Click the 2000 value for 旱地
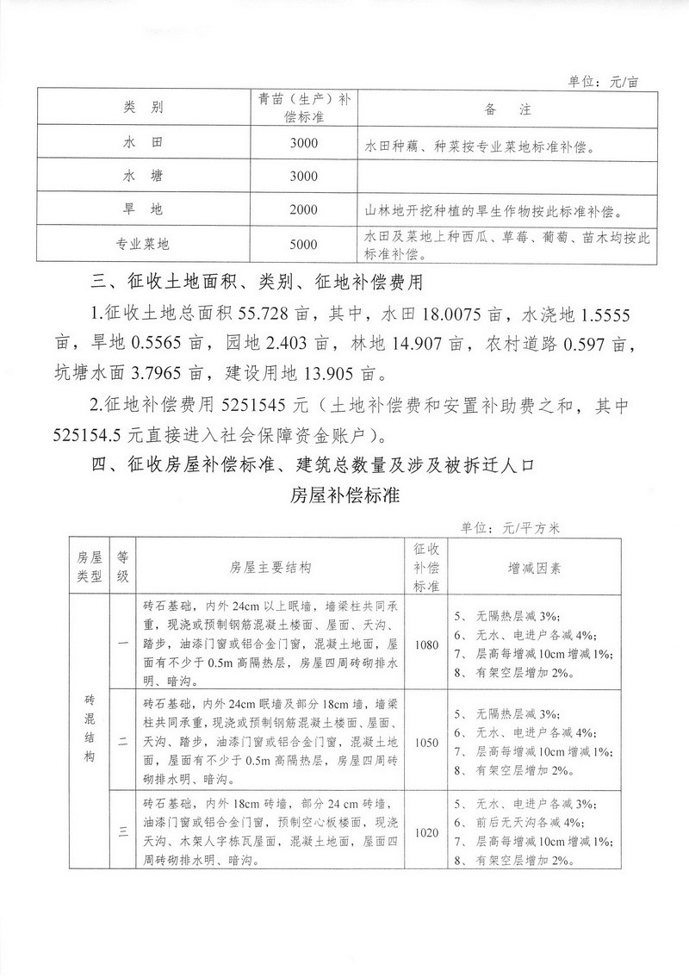point(304,210)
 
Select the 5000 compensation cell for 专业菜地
point(304,245)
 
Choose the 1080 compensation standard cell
point(426,644)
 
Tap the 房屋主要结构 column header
point(270,569)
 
